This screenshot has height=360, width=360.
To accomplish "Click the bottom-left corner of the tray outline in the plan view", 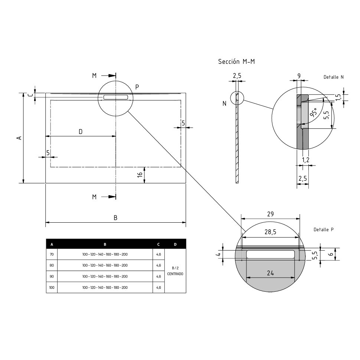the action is (x=45, y=183).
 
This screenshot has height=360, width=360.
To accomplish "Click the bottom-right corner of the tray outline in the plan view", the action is (x=186, y=183).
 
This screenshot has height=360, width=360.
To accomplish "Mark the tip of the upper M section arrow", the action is (x=115, y=76).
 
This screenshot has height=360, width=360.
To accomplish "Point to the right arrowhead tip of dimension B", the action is (x=186, y=222).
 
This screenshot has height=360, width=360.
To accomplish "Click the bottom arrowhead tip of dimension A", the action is (x=23, y=183).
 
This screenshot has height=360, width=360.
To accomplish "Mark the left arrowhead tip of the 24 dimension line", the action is (x=246, y=278).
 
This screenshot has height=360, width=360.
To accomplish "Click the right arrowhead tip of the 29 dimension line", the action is (x=300, y=219).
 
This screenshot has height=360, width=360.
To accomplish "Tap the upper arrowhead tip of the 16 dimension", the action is (x=144, y=167).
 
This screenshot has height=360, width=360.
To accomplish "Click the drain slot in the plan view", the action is (x=115, y=97).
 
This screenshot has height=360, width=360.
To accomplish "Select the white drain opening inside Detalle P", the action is (x=271, y=254).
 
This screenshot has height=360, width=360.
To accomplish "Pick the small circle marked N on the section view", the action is (x=237, y=98).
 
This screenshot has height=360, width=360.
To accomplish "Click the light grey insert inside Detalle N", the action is (x=305, y=114).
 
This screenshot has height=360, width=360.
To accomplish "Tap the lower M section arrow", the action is (x=108, y=197).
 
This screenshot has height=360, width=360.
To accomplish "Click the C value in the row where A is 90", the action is (x=158, y=276).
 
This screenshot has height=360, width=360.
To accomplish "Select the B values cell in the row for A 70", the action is (x=105, y=254).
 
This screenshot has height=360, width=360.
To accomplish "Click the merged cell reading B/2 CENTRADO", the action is (x=175, y=271).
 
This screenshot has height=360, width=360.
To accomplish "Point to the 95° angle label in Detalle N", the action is (x=313, y=112).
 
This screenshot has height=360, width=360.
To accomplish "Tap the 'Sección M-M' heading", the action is (x=236, y=62).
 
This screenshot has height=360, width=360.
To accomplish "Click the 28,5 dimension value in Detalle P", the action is (x=270, y=232).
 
